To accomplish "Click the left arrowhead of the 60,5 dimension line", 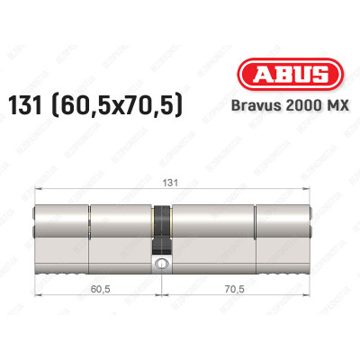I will coord(37,299).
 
